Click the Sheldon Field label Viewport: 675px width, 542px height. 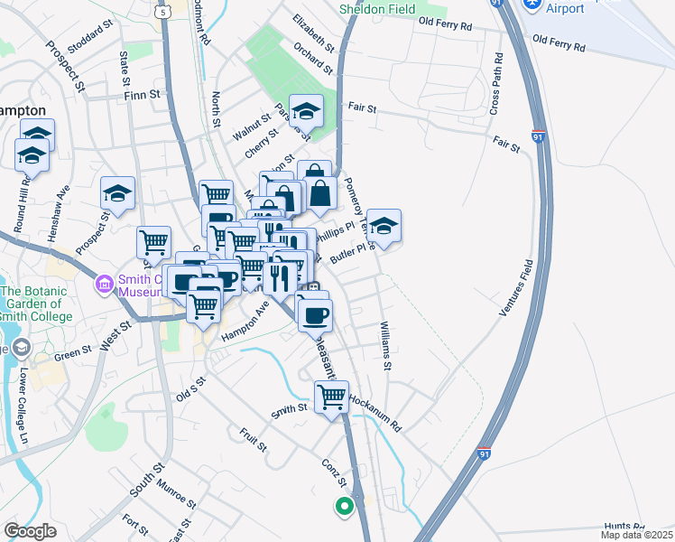coord(377,9)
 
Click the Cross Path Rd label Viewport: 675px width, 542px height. coord(495,81)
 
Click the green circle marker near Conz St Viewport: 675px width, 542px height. coord(343,507)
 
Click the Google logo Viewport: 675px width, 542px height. coord(30,531)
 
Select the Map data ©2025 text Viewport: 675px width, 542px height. coord(637,535)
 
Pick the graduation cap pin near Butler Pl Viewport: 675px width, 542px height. coord(384,226)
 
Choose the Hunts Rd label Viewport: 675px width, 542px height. coord(624,526)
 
